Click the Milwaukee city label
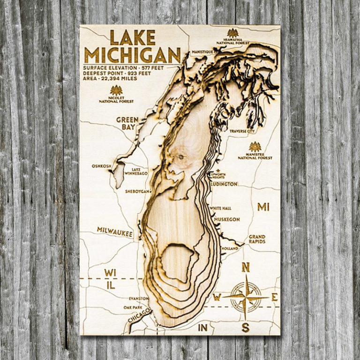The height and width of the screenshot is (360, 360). point(115,230)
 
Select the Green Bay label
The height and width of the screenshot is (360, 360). point(127,123)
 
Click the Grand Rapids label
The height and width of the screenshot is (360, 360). point(257,239)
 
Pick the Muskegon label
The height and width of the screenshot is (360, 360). point(227,219)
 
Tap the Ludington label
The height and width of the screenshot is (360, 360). point(224,184)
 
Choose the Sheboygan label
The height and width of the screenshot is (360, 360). point(137,191)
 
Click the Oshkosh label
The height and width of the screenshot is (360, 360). point(102,165)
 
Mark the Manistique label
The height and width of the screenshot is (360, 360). point(202,52)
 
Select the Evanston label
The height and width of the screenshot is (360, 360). point(139,298)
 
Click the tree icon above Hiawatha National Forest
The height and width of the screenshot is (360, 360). point(232,33)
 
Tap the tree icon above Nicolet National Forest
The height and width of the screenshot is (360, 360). point(116,90)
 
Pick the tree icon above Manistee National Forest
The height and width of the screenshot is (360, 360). point(255,147)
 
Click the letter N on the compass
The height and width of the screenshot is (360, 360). point(245,267)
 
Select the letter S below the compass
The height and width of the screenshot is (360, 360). point(245,328)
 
